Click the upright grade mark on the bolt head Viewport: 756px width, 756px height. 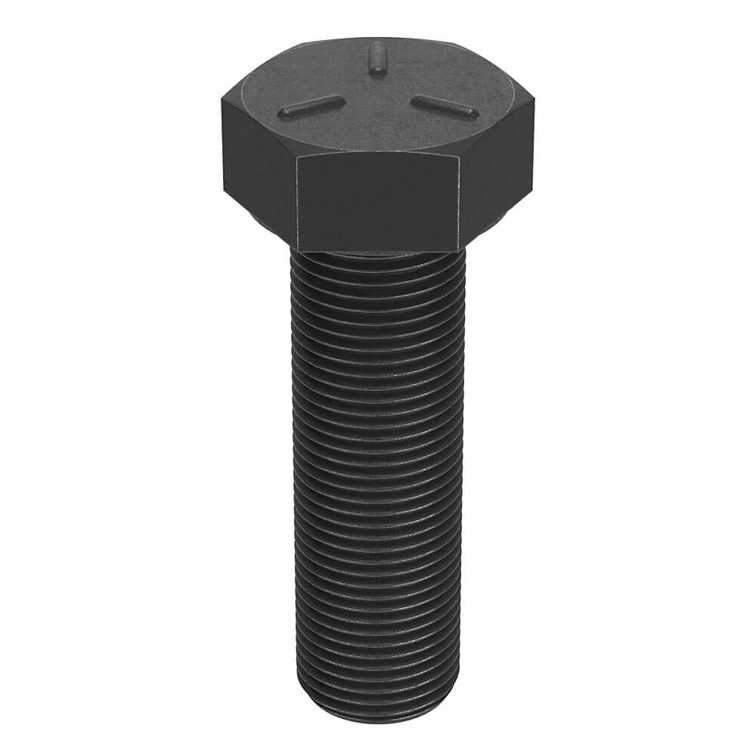coord(375,58)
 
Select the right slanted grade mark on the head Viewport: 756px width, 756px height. coord(445,107)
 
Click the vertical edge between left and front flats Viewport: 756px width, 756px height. coord(297,200)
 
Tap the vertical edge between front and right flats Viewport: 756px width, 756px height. coord(460,200)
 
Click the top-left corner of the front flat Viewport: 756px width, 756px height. coord(297,156)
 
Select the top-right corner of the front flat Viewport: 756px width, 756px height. coord(460,156)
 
